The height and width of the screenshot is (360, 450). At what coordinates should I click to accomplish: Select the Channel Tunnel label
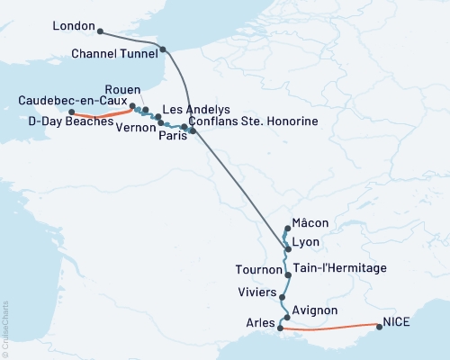tap(114, 54)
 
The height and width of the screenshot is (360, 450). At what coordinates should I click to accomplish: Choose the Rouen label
tap(121, 90)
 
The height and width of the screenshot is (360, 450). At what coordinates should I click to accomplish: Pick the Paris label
tap(172, 139)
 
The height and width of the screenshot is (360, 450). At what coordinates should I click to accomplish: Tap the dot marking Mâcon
tap(287, 229)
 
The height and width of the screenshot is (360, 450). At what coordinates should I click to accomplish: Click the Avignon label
tap(315, 310)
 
